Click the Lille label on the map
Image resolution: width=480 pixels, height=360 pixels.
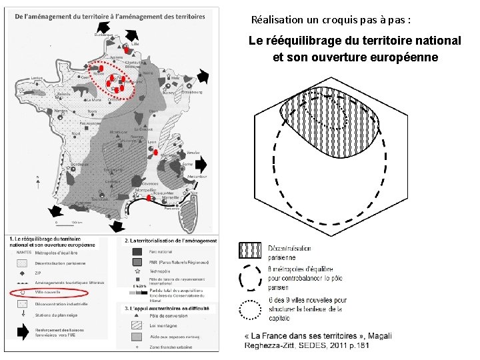(x=136, y=44)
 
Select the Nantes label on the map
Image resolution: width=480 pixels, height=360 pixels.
(x=61, y=110)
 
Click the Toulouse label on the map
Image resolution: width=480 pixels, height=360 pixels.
(x=100, y=199)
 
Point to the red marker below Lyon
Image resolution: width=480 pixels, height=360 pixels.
(x=156, y=153)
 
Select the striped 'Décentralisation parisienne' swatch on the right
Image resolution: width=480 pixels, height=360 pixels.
(x=249, y=251)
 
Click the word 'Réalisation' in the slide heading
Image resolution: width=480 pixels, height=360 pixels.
(x=273, y=20)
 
